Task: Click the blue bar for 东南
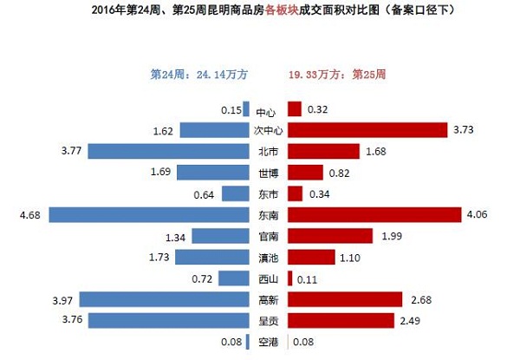tap(149, 214)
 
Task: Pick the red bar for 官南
tap(330, 236)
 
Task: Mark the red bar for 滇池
tap(311, 257)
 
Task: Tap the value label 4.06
tap(479, 214)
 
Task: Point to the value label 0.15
tap(230, 109)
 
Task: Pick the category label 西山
tap(269, 278)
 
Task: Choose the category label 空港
tap(269, 342)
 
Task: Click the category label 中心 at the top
tap(269, 111)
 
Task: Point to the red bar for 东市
tap(296, 193)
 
